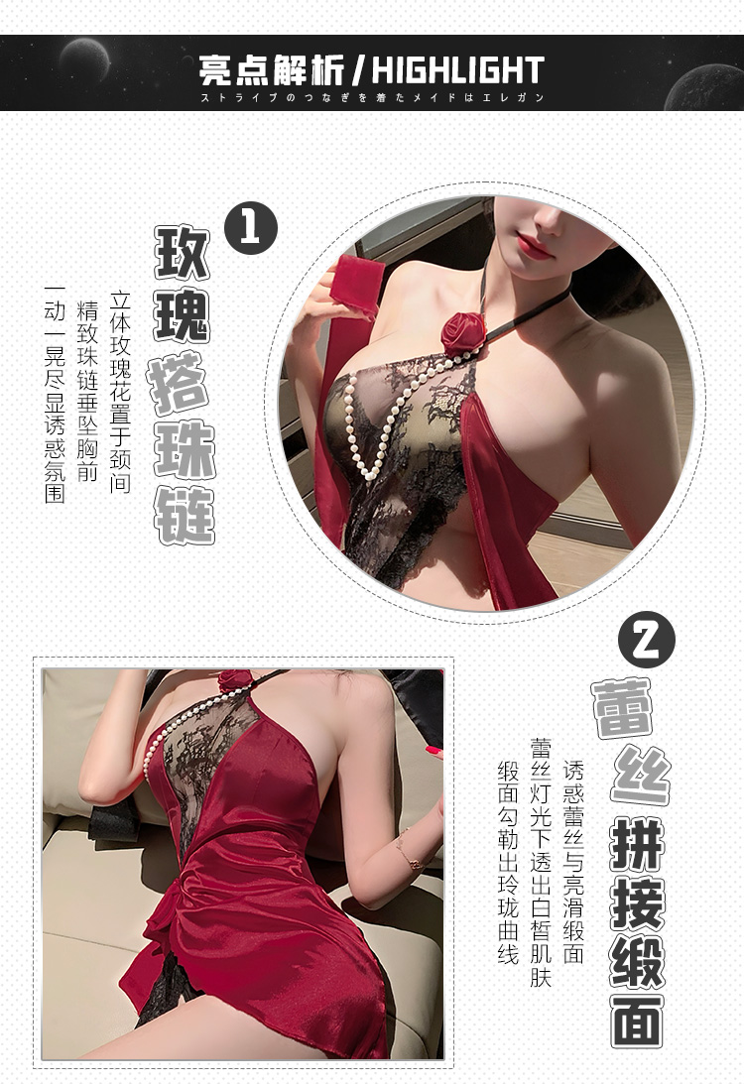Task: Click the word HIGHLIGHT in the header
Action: (x=458, y=70)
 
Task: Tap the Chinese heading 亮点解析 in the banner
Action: (x=271, y=70)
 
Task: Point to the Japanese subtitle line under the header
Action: (x=372, y=97)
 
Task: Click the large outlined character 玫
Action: (x=185, y=253)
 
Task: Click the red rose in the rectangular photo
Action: (x=235, y=680)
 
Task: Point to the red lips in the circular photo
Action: (x=537, y=244)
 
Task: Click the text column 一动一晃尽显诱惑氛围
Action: (x=55, y=395)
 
